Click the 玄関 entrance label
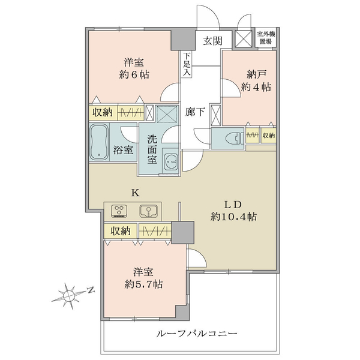click(212, 41)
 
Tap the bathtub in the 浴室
click(99, 142)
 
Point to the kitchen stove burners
click(119, 211)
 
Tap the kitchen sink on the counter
click(149, 211)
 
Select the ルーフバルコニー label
click(197, 334)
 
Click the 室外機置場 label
click(266, 38)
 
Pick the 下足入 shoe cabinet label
click(187, 64)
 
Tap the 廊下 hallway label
click(195, 112)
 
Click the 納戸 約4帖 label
click(256, 81)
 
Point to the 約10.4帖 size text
click(233, 217)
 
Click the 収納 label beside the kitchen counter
click(121, 231)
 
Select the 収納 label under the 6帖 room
click(103, 113)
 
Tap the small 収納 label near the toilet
click(269, 136)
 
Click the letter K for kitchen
click(135, 193)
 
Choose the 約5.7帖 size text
click(144, 284)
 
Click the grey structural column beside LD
click(183, 232)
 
